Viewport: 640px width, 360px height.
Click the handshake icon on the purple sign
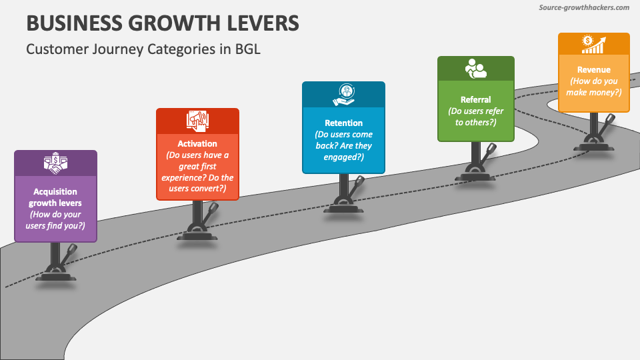pyautogui.click(x=55, y=162)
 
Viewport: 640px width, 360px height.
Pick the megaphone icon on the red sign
pyautogui.click(x=197, y=119)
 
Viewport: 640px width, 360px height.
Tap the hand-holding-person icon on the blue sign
pyautogui.click(x=343, y=94)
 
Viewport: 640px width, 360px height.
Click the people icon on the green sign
pyautogui.click(x=475, y=69)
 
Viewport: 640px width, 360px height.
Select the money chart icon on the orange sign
pyautogui.click(x=593, y=44)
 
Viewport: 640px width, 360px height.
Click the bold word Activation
pyautogui.click(x=197, y=143)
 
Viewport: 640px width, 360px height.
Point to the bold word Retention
pyautogui.click(x=343, y=123)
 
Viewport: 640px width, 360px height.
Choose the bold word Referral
pyautogui.click(x=475, y=99)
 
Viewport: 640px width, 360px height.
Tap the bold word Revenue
pyautogui.click(x=593, y=69)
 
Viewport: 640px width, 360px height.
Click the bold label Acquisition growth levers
pyautogui.click(x=55, y=197)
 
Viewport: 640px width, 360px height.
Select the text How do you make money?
pyautogui.click(x=593, y=87)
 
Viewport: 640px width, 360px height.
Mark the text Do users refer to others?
pyautogui.click(x=475, y=117)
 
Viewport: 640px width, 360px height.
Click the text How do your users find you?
pyautogui.click(x=55, y=221)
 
